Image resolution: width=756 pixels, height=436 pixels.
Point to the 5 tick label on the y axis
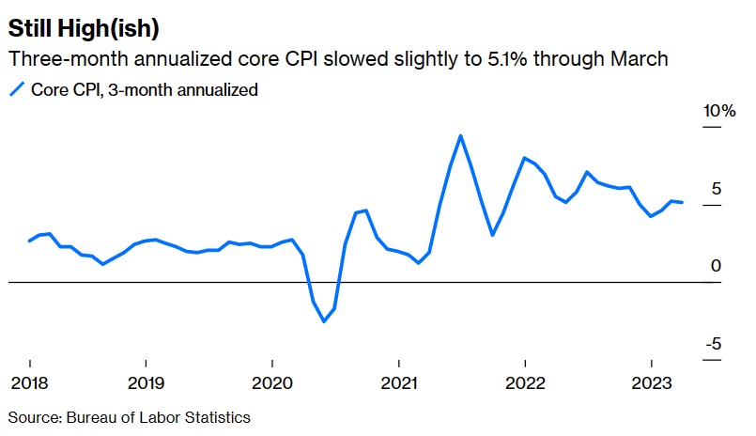coord(716,189)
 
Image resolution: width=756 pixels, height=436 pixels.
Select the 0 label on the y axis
coord(716,267)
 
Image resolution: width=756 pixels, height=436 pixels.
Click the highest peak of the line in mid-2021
coord(460,135)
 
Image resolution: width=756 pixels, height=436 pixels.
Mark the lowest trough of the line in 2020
coord(324,321)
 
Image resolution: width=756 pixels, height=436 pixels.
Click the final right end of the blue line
coord(683,202)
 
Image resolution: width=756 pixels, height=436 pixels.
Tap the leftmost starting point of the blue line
coord(29,241)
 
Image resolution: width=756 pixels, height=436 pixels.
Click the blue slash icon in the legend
coord(17,90)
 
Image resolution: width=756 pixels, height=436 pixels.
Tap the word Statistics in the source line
coord(218,416)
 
